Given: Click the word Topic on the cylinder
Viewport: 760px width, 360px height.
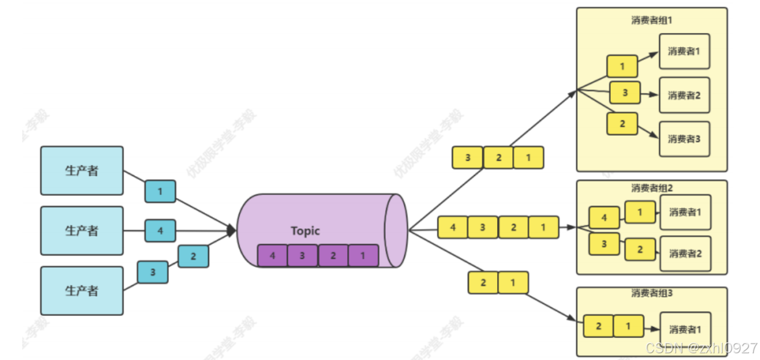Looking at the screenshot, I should point(305,231).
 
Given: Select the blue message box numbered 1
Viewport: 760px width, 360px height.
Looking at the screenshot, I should point(160,191).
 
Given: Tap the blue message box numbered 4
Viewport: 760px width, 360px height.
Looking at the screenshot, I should point(160,231).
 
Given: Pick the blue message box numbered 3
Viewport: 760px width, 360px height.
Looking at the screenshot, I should point(152,272).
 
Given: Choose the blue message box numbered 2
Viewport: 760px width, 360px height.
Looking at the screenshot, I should point(193,256).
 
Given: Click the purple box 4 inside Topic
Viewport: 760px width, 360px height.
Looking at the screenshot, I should point(272,255).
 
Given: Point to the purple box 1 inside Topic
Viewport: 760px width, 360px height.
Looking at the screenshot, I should point(363,255).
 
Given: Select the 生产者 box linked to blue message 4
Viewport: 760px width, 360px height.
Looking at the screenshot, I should point(82,230).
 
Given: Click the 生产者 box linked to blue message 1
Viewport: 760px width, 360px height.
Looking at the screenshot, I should point(82,171).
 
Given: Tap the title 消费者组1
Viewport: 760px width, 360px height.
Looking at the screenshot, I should point(652,20).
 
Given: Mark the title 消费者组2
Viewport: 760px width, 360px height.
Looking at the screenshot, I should point(652,188).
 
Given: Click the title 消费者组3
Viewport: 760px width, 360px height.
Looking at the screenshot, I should point(652,293).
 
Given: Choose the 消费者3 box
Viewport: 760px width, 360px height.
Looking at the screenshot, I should point(684,139).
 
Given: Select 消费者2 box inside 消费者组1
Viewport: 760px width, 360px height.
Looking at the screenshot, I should point(684,95).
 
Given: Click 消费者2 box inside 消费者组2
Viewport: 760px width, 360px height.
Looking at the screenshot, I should point(685,254).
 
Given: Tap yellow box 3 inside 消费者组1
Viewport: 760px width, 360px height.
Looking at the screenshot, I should point(625,93).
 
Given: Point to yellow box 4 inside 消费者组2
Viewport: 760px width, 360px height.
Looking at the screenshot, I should point(604,218).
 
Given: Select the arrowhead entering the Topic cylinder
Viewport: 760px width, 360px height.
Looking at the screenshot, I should point(232,230).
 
